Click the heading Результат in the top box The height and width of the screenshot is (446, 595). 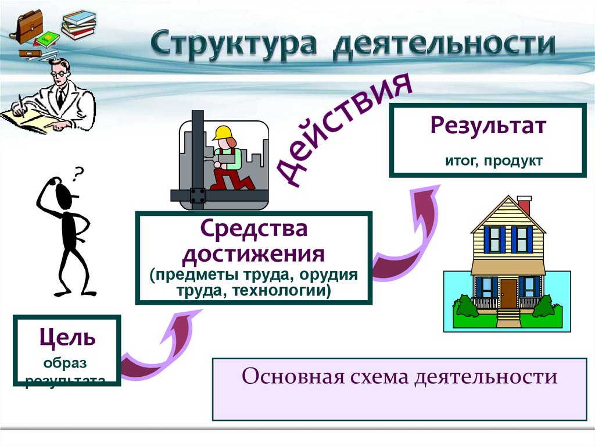[x=488, y=126]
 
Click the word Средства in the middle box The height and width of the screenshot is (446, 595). [x=253, y=230]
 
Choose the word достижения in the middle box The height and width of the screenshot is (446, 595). [x=253, y=254]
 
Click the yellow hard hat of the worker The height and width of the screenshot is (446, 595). [x=221, y=133]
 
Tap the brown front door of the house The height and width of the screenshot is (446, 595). [x=508, y=292]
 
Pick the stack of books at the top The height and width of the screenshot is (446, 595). [x=78, y=24]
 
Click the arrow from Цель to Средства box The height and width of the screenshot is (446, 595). [x=157, y=349]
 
